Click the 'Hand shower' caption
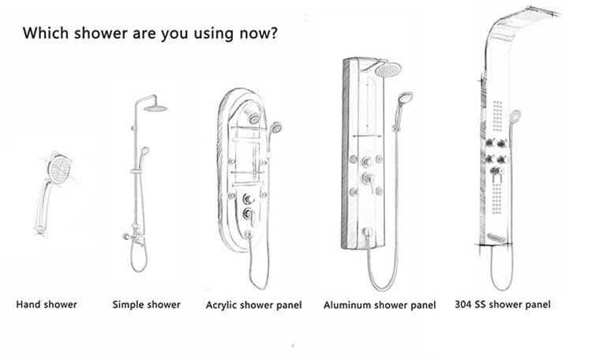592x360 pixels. coord(47,305)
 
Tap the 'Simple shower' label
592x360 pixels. coord(147,305)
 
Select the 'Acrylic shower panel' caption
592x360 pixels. coord(253,306)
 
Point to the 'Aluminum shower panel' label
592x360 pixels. coord(380,306)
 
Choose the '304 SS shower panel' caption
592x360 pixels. coord(503,305)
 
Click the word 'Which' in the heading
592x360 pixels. coord(46,33)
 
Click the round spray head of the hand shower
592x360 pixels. coord(59,169)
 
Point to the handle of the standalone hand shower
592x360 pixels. coord(43,206)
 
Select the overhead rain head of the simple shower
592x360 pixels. coord(155,109)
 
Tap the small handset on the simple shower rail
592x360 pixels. coord(144,156)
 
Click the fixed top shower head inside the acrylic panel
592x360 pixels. coord(253,117)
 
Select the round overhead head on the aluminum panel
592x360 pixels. coord(388,69)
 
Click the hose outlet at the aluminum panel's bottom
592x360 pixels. coord(366,232)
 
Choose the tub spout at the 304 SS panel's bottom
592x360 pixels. coord(496,238)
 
